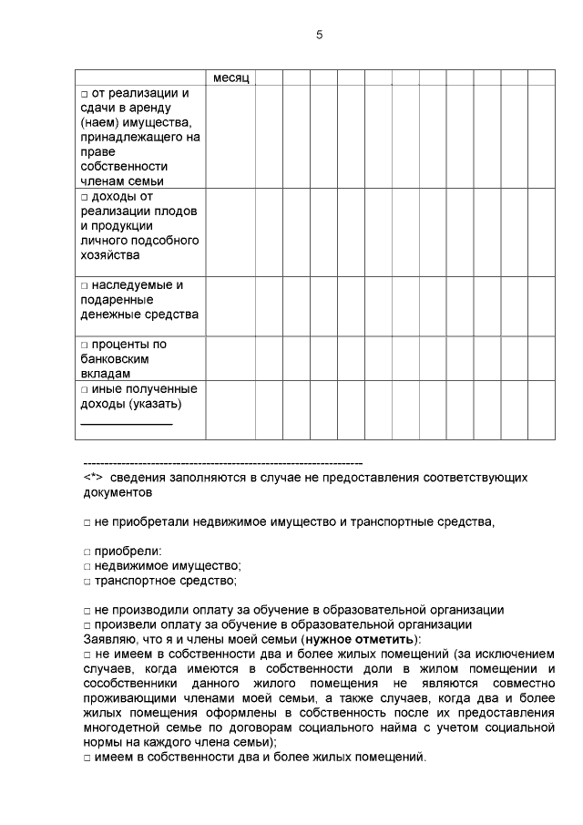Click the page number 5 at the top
[320, 35]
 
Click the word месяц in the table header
[231, 77]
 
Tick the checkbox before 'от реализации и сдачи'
[84, 94]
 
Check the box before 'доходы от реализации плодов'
[84, 196]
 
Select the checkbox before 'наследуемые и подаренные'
[84, 285]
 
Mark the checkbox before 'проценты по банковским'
[84, 345]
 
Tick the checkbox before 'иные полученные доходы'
[84, 389]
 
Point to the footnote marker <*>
[92, 477]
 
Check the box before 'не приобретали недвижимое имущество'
[87, 522]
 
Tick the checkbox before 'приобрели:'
[87, 552]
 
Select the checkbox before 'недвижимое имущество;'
[87, 566]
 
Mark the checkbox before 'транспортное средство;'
[87, 581]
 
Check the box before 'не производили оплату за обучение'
[87, 610]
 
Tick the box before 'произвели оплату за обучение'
[87, 624]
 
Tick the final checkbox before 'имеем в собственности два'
[87, 757]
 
